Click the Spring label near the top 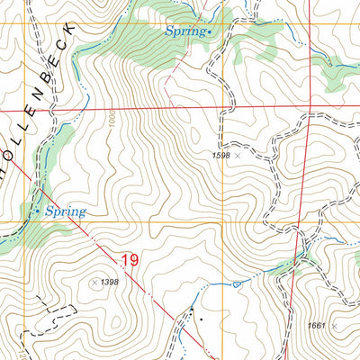coord(184,31)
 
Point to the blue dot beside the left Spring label coord(38,211)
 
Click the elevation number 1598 coord(221,155)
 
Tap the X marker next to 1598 coord(238,155)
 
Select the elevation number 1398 coord(110,282)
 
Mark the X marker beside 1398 coord(94,282)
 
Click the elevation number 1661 coord(315,327)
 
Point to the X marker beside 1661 coord(334,327)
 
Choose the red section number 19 coord(128,261)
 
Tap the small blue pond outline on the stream coord(236,284)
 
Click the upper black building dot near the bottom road coord(191,311)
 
